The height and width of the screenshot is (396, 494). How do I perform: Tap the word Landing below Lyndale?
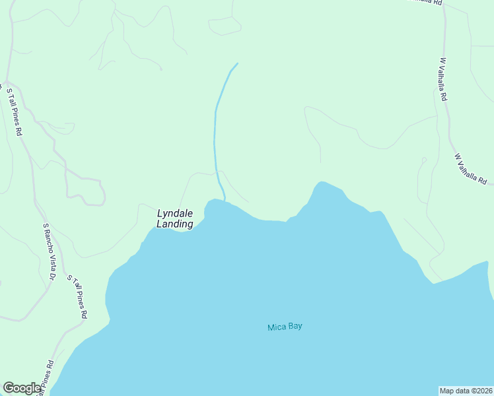tap(174, 224)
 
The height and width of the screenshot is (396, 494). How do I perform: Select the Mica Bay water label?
tap(285, 327)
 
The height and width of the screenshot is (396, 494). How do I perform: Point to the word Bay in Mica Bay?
tap(295, 327)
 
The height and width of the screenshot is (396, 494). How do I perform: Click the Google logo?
tap(22, 388)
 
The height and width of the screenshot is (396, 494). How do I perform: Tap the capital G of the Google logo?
tap(9, 388)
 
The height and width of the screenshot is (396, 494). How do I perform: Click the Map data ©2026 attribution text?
tap(466, 391)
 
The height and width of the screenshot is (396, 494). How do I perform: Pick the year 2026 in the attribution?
tap(483, 391)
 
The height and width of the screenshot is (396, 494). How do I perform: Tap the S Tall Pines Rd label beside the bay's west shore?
tap(77, 297)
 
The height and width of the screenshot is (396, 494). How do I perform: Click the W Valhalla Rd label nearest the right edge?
tap(471, 169)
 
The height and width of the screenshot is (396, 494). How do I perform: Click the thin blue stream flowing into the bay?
tap(215, 132)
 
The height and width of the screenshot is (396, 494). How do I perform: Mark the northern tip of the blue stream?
tap(237, 63)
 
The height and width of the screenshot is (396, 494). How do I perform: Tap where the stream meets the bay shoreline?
tap(225, 201)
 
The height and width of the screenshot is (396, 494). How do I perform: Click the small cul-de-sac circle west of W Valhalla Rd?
tap(423, 159)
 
